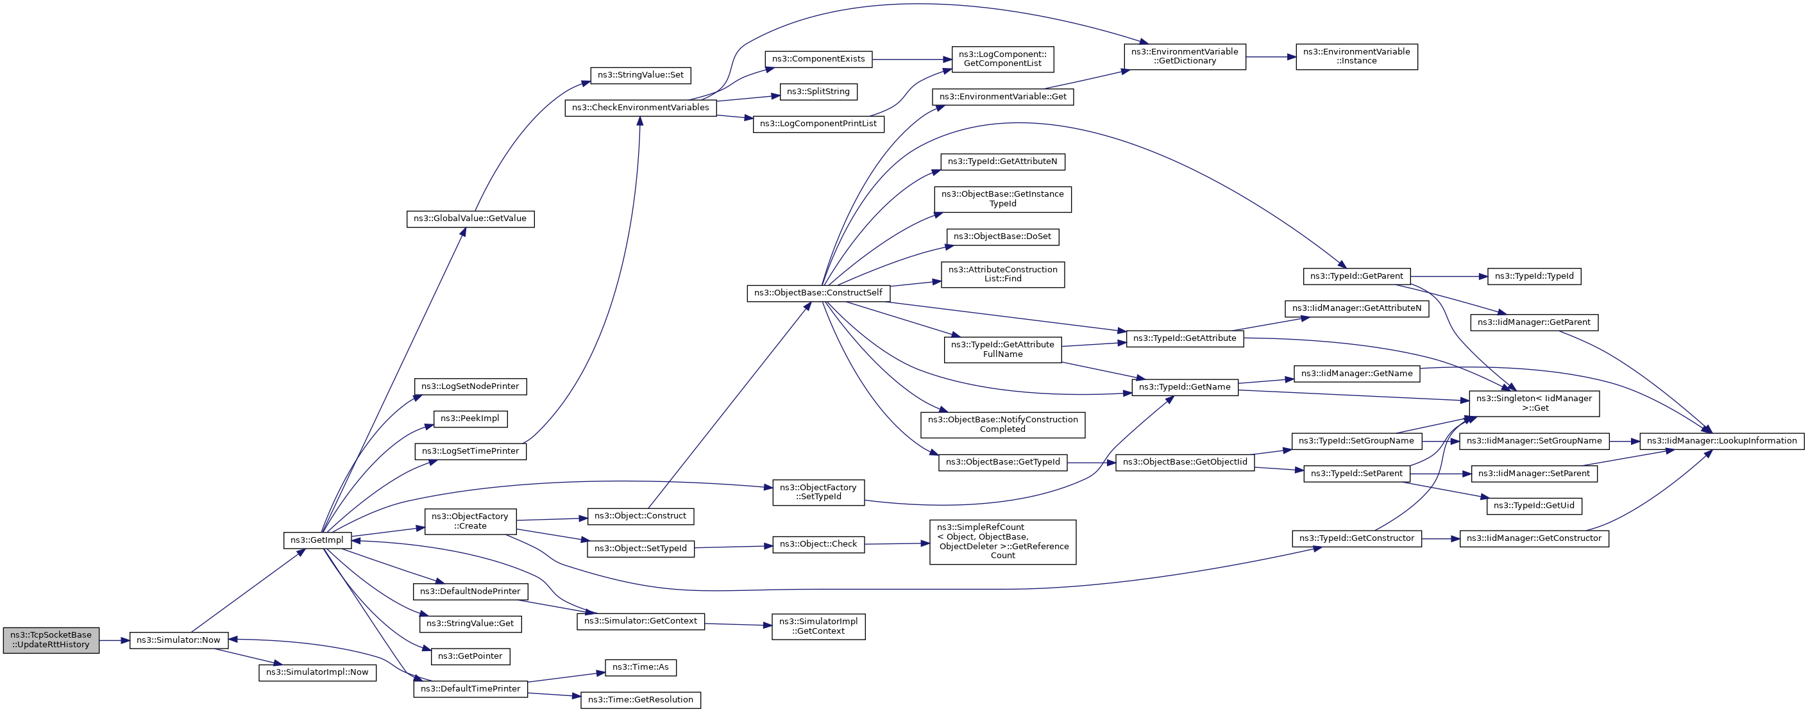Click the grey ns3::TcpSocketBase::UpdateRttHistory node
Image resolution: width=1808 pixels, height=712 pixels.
[x=51, y=640]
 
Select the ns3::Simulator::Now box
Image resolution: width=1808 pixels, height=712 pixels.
[x=178, y=640]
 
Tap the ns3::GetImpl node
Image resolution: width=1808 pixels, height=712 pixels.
[x=317, y=540]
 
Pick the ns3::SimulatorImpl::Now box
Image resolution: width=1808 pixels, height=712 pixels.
[x=317, y=672]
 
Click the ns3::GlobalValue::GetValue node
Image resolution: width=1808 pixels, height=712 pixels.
[x=470, y=219]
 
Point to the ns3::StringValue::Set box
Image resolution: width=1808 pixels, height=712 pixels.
[x=640, y=75]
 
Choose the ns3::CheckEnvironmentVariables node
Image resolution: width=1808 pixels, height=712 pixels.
[x=640, y=108]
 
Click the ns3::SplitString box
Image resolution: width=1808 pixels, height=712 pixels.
[x=818, y=92]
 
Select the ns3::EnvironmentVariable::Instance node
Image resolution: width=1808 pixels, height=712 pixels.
[x=1356, y=57]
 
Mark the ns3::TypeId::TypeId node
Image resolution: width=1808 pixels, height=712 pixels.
[x=1533, y=276]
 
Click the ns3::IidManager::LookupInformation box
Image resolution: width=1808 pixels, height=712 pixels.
[x=1721, y=441]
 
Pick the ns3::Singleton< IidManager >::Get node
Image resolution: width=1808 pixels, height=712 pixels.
[x=1533, y=403]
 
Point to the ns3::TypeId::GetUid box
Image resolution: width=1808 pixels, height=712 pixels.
[x=1533, y=506]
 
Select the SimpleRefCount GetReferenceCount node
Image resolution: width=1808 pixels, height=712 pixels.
[x=1002, y=542]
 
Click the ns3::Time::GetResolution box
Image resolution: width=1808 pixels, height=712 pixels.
[x=640, y=700]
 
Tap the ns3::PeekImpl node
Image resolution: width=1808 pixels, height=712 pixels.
[x=470, y=418]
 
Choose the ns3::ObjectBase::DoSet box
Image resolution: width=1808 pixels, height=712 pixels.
[x=1002, y=237]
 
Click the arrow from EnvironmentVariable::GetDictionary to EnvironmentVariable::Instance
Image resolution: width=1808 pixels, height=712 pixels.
[x=1271, y=57]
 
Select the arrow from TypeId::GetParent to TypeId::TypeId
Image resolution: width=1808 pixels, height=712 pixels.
[x=1449, y=276]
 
